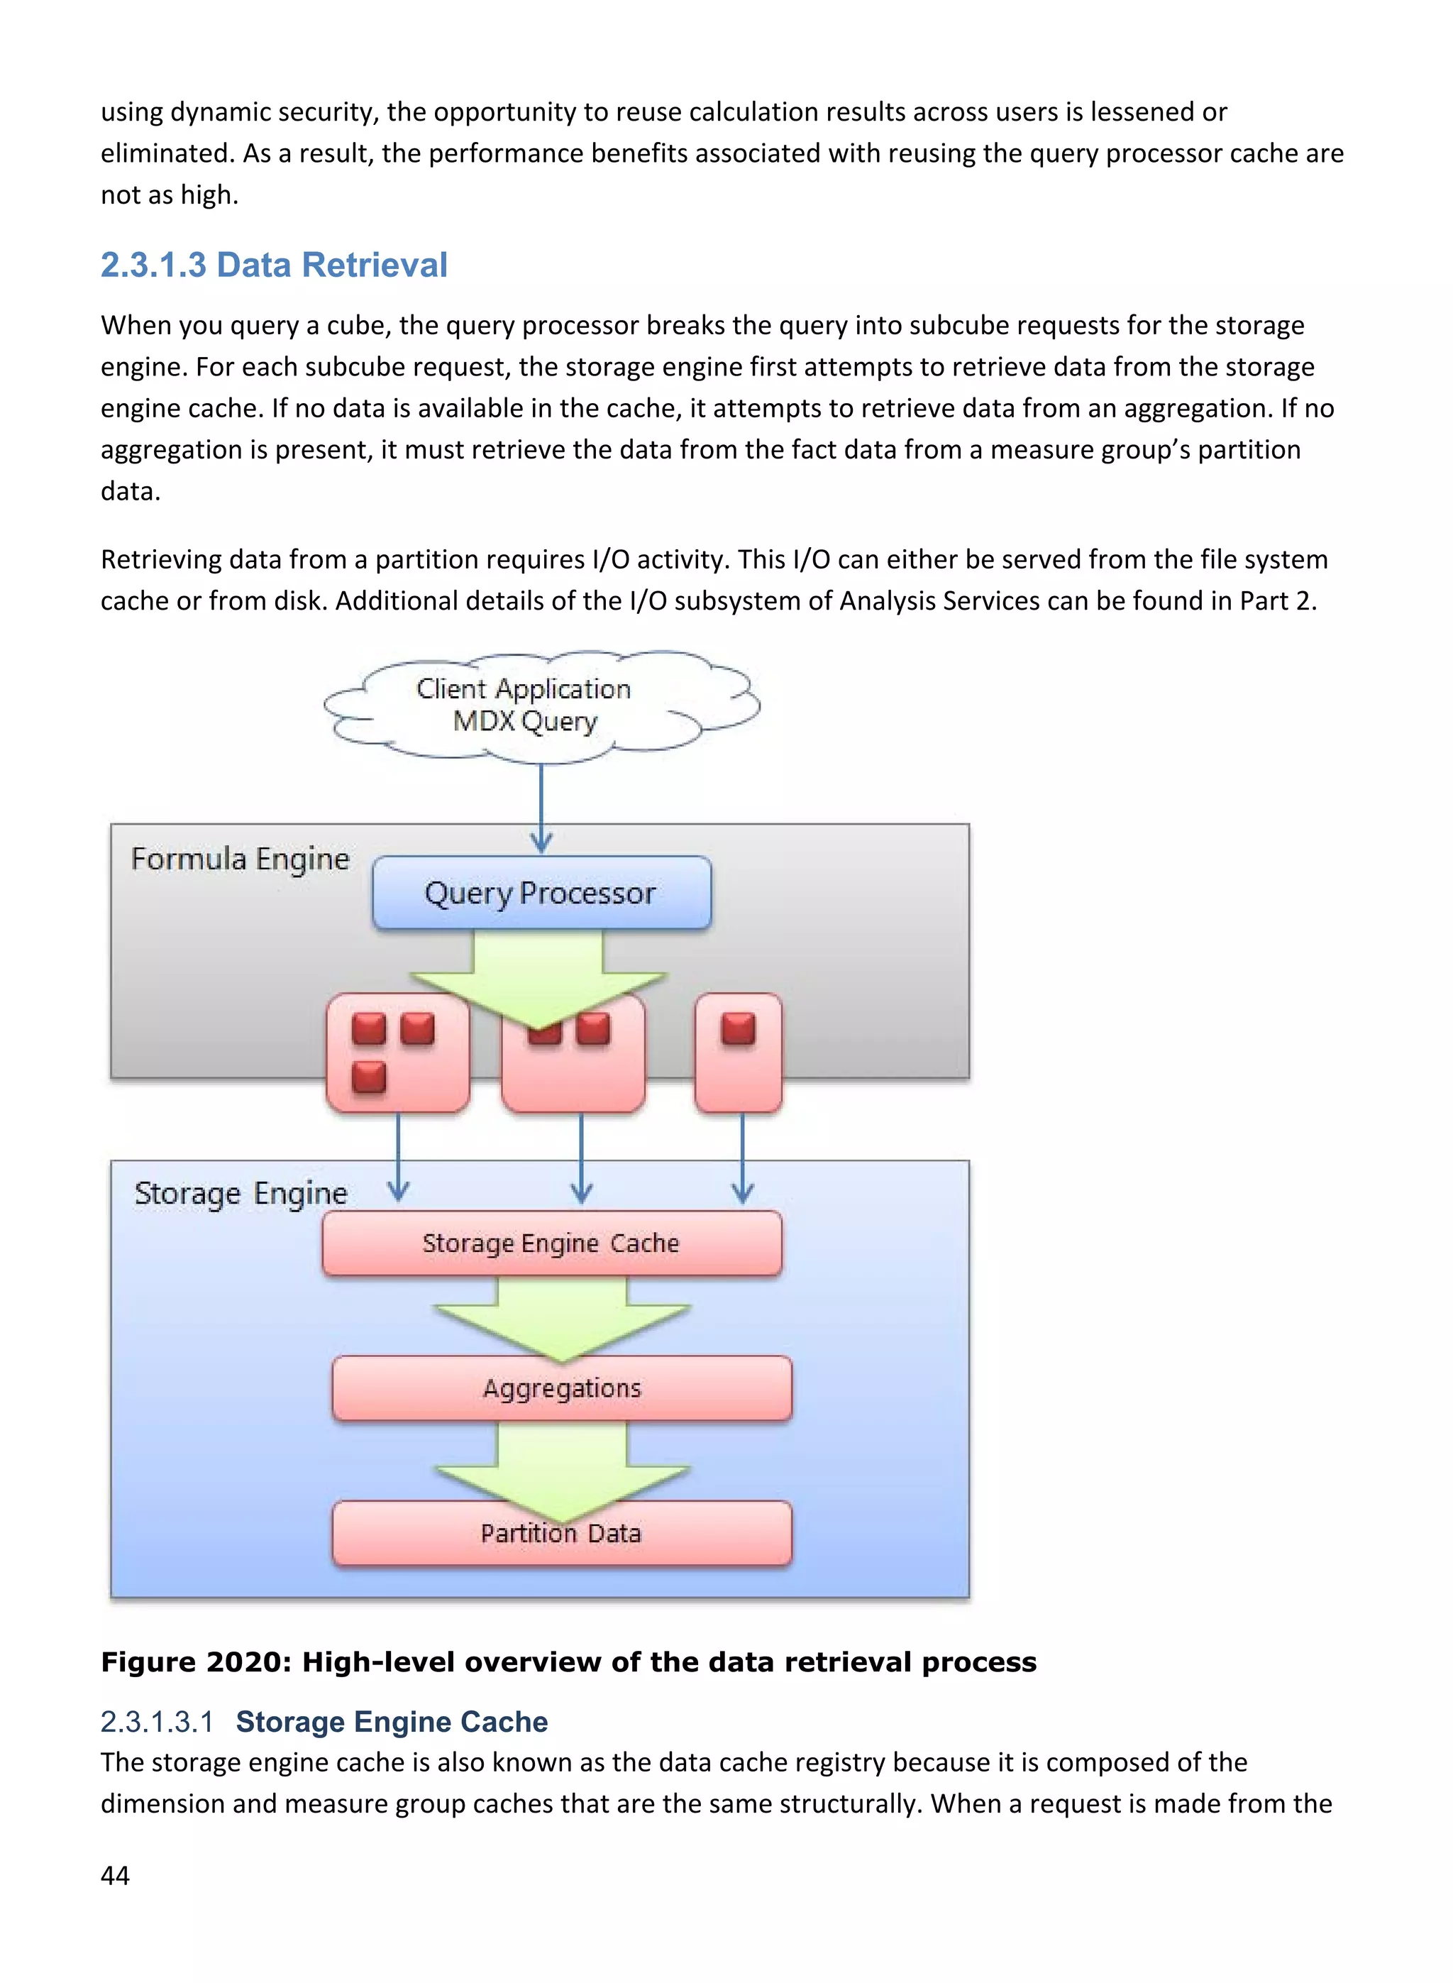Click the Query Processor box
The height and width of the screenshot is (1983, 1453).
541,892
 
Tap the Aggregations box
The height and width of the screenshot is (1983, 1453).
562,1388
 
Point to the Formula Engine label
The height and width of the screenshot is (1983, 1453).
240,859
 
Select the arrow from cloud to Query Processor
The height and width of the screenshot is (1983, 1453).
541,805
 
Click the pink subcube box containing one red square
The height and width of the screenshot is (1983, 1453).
738,1053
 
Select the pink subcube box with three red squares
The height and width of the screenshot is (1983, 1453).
397,1053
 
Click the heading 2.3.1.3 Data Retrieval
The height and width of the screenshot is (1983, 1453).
274,265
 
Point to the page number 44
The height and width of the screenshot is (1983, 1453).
115,1875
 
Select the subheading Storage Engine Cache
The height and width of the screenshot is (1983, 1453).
392,1721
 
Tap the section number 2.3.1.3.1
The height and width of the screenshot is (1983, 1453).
157,1721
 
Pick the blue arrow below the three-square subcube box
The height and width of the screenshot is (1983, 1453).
399,1157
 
